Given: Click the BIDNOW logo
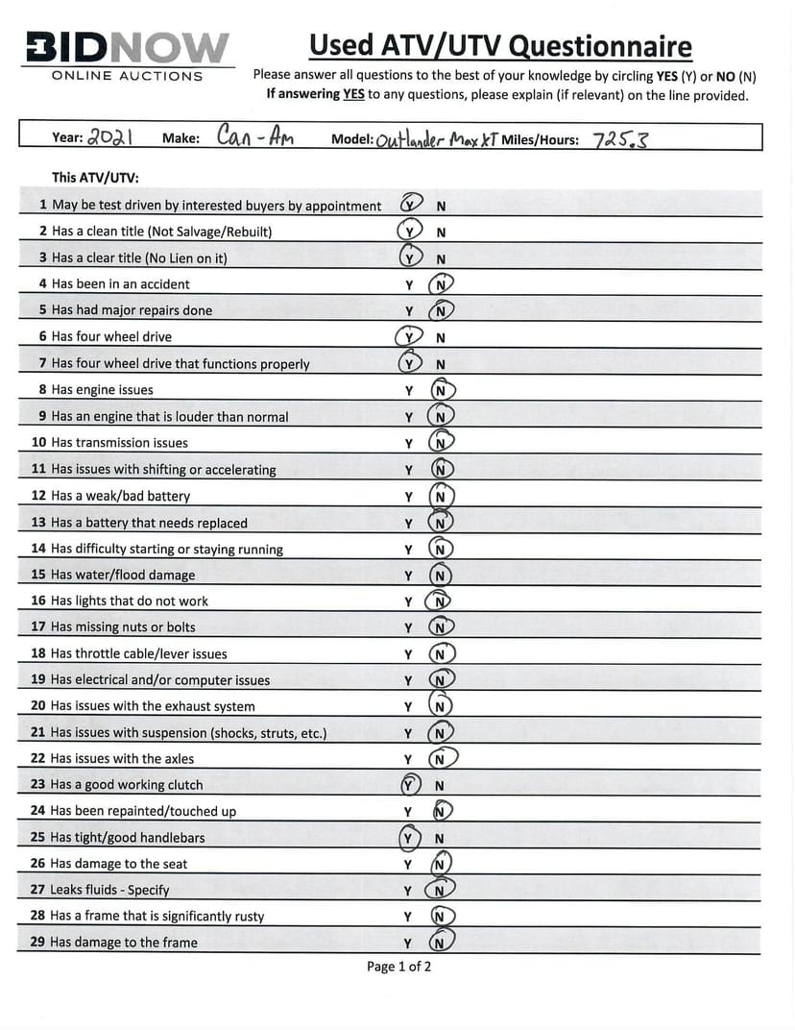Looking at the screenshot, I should tap(128, 47).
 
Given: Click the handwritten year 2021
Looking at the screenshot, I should tap(109, 136).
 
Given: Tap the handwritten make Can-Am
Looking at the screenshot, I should tap(254, 136).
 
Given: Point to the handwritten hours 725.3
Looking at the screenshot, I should tap(620, 139).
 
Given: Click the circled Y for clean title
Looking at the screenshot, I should tap(410, 232).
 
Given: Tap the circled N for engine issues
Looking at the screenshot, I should tap(442, 390).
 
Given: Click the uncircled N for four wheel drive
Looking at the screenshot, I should tap(441, 338).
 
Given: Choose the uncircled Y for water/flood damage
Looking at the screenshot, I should tap(408, 576).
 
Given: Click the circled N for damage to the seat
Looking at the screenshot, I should tap(441, 865).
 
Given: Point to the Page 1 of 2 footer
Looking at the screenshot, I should tap(398, 967).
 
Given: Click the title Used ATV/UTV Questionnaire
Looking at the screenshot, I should tap(500, 45).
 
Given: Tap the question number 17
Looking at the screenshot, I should tap(38, 627).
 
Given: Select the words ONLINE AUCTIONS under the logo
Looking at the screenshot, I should tap(128, 76).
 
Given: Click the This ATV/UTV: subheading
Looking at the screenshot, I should tap(95, 178).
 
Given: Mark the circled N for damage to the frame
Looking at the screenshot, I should tap(441, 943).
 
